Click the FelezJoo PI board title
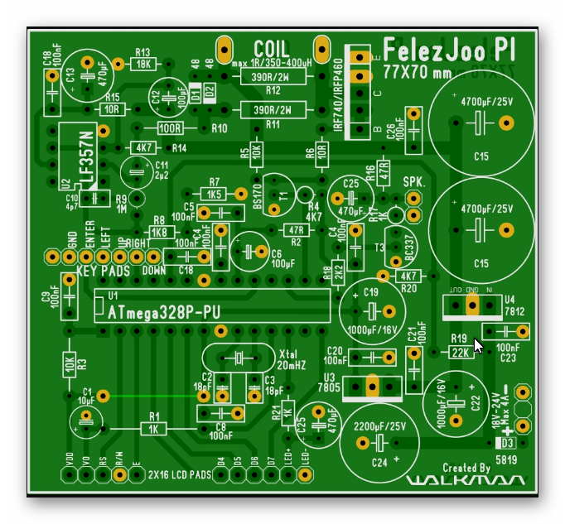point(448,50)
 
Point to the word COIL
point(272,49)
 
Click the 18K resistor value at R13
point(143,64)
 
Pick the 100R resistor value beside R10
point(170,128)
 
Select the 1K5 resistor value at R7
point(215,194)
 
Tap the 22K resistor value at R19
point(461,351)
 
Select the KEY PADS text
point(103,271)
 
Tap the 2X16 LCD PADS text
point(177,475)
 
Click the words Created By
point(466,468)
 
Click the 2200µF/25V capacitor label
point(379,425)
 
